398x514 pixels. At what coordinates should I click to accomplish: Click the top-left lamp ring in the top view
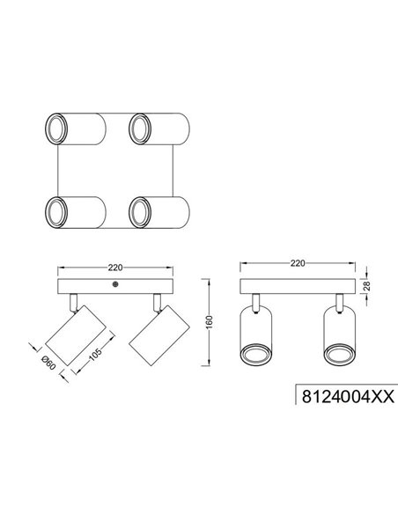(x=56, y=128)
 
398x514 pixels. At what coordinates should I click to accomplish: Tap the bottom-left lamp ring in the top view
(x=56, y=210)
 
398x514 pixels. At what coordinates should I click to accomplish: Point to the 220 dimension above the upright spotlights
(x=297, y=263)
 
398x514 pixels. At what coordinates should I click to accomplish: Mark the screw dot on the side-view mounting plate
(x=115, y=286)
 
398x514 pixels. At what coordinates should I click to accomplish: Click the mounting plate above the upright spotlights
(x=297, y=288)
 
